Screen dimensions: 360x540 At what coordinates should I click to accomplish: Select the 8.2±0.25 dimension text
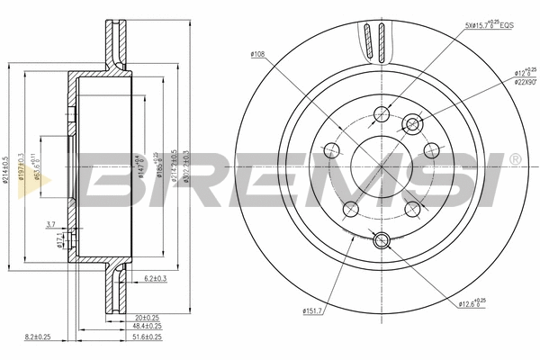pyautogui.click(x=39, y=337)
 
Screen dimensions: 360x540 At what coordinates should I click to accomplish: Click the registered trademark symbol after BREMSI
pyautogui.click(x=514, y=160)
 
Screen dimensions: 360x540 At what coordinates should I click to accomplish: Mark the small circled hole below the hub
pyautogui.click(x=380, y=239)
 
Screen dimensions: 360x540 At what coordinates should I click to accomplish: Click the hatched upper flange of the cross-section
pyautogui.click(x=114, y=45)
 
